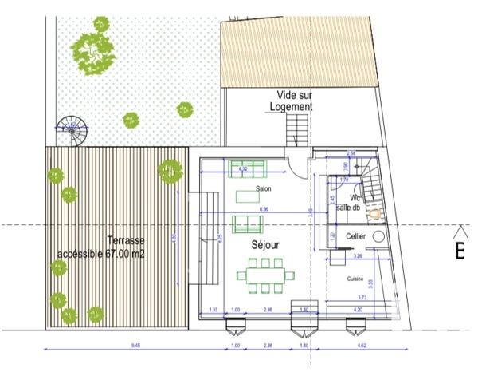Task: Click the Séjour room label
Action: (265, 247)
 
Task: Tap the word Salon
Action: (263, 188)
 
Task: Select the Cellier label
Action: (356, 236)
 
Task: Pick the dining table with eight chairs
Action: (265, 276)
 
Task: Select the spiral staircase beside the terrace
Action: (73, 130)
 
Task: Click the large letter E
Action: (460, 250)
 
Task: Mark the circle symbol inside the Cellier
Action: (379, 237)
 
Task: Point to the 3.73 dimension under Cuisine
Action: (362, 296)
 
